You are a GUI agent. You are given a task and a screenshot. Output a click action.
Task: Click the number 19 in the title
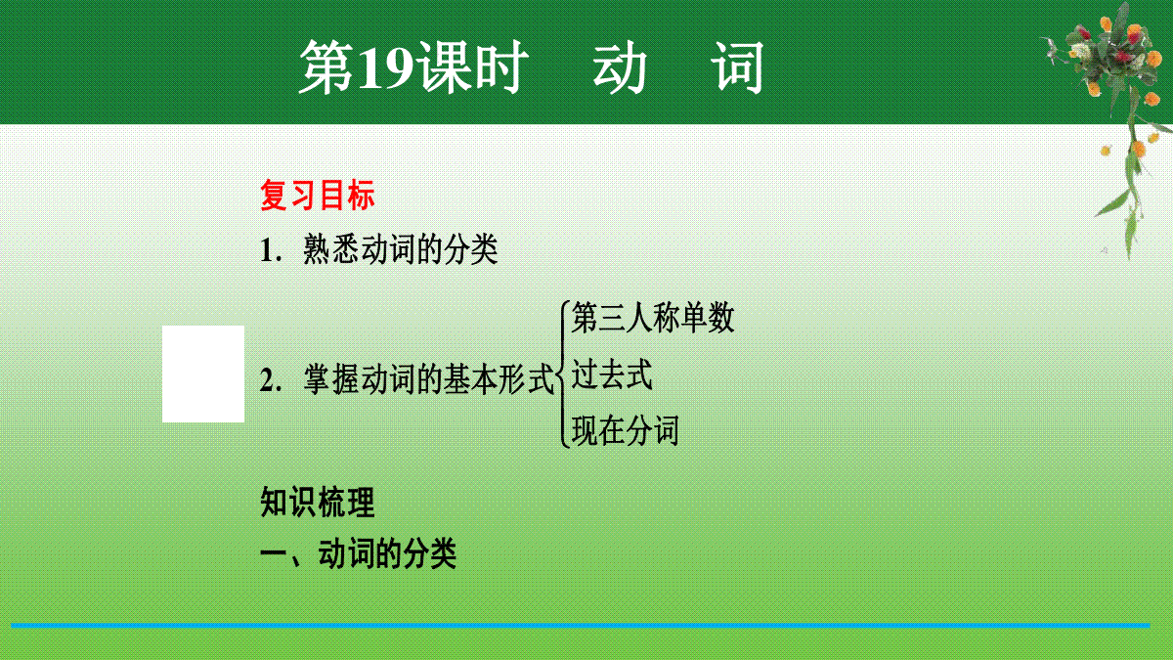pyautogui.click(x=385, y=67)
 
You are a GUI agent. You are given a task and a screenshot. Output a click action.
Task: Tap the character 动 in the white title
pyautogui.click(x=620, y=68)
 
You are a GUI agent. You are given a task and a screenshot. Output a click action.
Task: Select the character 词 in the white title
pyautogui.click(x=737, y=68)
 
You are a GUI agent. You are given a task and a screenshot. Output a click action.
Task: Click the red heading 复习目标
pyautogui.click(x=318, y=195)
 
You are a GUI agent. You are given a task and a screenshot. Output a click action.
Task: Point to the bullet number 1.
pyautogui.click(x=271, y=250)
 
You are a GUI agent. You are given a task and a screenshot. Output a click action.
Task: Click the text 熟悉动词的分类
pyautogui.click(x=401, y=249)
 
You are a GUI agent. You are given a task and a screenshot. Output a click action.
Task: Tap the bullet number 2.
pyautogui.click(x=271, y=380)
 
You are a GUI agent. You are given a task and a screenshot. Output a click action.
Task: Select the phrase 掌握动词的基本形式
pyautogui.click(x=429, y=379)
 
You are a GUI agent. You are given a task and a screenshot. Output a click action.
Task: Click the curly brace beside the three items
pyautogui.click(x=562, y=374)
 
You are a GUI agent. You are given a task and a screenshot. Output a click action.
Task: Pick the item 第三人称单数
pyautogui.click(x=653, y=318)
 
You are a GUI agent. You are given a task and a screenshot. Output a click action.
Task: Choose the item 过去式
pyautogui.click(x=612, y=374)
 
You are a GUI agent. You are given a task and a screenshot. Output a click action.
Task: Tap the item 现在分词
pyautogui.click(x=626, y=430)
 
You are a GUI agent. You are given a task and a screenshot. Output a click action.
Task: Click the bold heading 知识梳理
pyautogui.click(x=318, y=502)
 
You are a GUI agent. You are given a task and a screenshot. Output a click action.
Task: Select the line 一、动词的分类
pyautogui.click(x=358, y=553)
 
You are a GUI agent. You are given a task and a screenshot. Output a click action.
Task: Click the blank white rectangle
pyautogui.click(x=203, y=374)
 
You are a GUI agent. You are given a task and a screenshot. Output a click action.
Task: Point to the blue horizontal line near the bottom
pyautogui.click(x=581, y=626)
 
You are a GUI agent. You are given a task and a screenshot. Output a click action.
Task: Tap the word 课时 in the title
pyautogui.click(x=472, y=68)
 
